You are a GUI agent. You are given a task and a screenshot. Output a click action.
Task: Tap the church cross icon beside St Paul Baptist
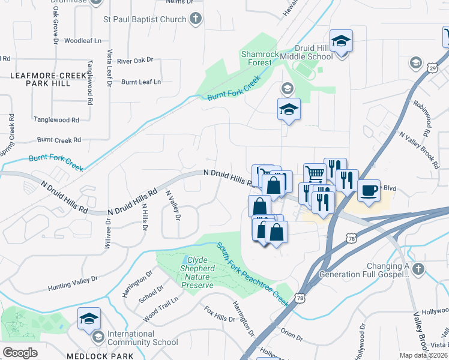coord(195,19)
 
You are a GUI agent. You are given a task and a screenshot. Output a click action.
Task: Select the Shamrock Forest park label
coord(260,58)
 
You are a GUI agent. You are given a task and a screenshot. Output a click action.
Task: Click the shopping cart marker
coord(314,174)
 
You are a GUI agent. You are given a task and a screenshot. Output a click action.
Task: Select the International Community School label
coord(142,338)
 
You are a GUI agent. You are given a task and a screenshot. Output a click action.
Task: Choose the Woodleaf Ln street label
coord(83,41)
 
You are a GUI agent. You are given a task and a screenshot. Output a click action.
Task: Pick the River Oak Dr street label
coord(135,61)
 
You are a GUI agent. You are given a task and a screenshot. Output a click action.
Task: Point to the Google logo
coord(20,353)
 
